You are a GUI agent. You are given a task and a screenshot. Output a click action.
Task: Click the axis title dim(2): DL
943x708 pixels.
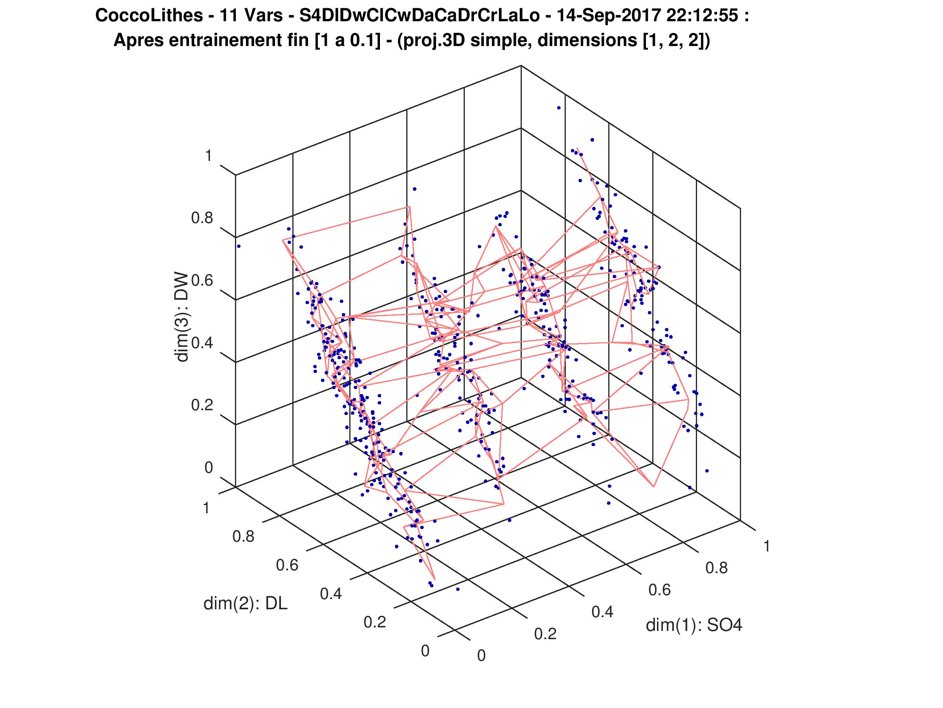(x=246, y=603)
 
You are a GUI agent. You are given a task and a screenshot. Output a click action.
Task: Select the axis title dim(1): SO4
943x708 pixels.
(x=694, y=625)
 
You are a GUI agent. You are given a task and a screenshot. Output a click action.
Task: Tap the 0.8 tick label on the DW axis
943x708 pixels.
(x=202, y=219)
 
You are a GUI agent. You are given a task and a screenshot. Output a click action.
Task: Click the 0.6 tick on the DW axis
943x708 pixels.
(x=202, y=281)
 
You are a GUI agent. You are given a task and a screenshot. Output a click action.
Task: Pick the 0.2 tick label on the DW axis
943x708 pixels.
(x=202, y=405)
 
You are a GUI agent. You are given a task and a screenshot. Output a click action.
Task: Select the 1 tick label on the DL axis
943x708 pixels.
(x=206, y=509)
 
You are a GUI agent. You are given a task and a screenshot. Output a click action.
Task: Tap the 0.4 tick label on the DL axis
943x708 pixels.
(x=330, y=594)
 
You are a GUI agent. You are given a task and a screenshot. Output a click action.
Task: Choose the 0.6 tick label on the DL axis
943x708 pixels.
(x=287, y=565)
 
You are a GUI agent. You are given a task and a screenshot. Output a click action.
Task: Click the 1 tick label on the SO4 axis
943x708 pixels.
(x=767, y=546)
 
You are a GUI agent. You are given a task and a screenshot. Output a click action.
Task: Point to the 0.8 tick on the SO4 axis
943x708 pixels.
(x=717, y=568)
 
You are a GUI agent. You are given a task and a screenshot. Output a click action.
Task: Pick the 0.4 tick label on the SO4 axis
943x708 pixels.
(x=602, y=612)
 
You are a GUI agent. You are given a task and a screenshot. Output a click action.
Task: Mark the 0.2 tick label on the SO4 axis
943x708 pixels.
(x=545, y=634)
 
